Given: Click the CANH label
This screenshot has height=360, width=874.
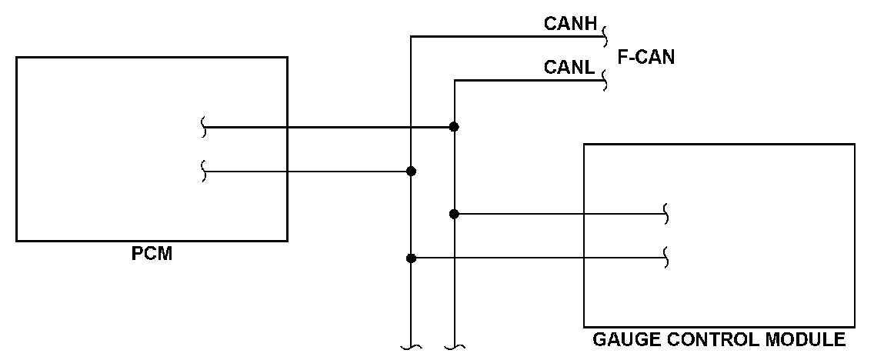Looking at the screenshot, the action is pos(570,23).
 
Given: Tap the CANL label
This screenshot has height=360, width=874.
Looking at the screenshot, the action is pos(569,68).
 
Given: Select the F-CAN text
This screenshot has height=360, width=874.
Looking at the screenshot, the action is pos(646,57).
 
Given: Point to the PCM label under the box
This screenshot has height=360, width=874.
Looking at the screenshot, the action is pos(152,254).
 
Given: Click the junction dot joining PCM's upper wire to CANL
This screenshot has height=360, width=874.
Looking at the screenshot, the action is pos(454,127).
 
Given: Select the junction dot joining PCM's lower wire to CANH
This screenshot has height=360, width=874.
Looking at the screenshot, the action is pos(412,171).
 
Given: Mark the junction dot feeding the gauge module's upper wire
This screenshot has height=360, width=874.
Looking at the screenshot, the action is pos(454,214).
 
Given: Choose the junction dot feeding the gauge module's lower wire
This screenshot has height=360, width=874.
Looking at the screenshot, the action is pos(412,258).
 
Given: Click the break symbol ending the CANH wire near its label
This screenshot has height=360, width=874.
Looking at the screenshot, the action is pos(604,37).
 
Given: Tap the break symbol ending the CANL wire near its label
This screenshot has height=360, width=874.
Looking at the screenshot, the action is pos(604,81).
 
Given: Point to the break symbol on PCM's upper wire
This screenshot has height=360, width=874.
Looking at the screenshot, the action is pos(204,127).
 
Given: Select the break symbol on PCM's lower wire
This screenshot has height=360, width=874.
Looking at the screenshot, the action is pos(204,171).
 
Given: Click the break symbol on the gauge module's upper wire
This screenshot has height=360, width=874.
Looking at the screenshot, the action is pos(666,214).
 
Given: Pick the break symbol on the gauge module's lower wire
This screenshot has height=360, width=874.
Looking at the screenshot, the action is pos(666,258).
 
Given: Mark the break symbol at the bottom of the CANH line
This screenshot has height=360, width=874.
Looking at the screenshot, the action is pos(412,347).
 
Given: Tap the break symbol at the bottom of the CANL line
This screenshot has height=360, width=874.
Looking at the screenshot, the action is pos(454,347).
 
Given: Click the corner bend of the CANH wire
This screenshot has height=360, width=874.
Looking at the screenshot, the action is pos(412,37).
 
